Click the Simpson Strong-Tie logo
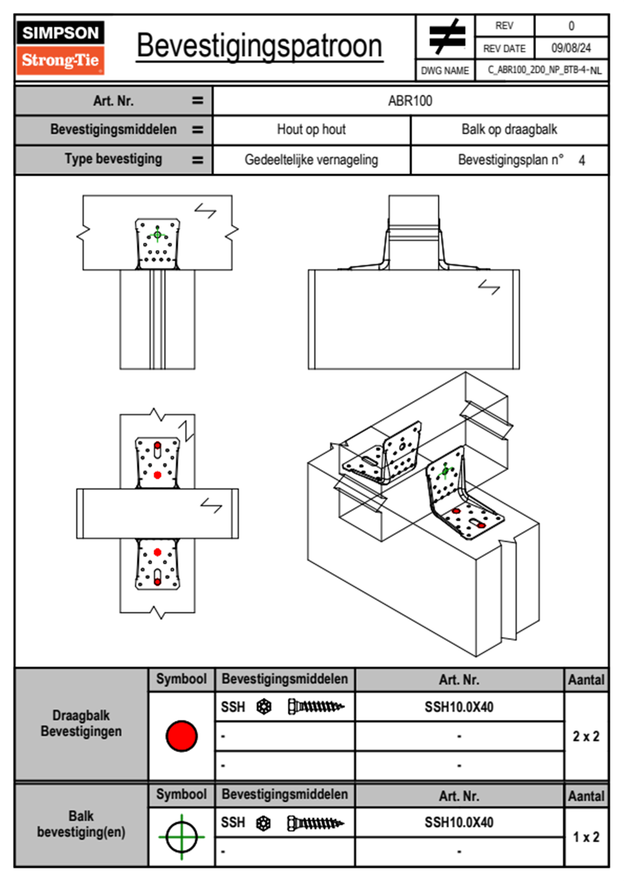pyautogui.click(x=60, y=47)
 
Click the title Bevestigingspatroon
pyautogui.click(x=259, y=46)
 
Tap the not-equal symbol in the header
pyautogui.click(x=446, y=37)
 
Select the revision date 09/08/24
pyautogui.click(x=571, y=48)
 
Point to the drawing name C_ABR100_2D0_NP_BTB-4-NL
pyautogui.click(x=544, y=70)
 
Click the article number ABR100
pyautogui.click(x=410, y=101)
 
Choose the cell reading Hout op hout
pyautogui.click(x=311, y=130)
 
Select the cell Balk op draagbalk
pyautogui.click(x=509, y=130)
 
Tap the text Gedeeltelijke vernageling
pyautogui.click(x=311, y=160)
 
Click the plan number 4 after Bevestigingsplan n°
pyautogui.click(x=582, y=160)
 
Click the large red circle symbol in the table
pyautogui.click(x=181, y=736)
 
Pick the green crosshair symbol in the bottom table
pyautogui.click(x=181, y=837)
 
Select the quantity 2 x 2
pyautogui.click(x=586, y=736)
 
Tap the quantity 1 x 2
pyautogui.click(x=586, y=837)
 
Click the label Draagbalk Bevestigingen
pyautogui.click(x=81, y=723)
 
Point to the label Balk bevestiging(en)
pyautogui.click(x=81, y=824)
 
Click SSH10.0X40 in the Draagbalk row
pyautogui.click(x=459, y=707)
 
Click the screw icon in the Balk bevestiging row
pyautogui.click(x=316, y=823)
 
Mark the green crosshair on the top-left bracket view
pyautogui.click(x=157, y=234)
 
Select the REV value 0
pyautogui.click(x=571, y=26)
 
